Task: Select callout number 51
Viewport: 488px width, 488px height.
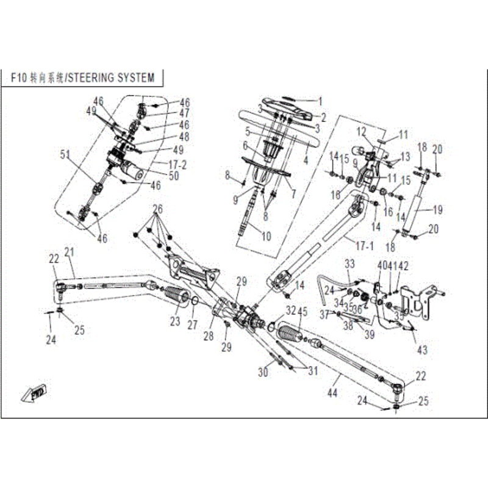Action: [x=65, y=155]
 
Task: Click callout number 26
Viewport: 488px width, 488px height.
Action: [x=157, y=209]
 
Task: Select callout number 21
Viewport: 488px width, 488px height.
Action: [x=68, y=253]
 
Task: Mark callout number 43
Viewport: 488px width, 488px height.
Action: [x=422, y=350]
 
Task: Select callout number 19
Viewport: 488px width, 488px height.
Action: [x=437, y=210]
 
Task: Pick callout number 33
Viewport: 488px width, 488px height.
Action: [x=350, y=264]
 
